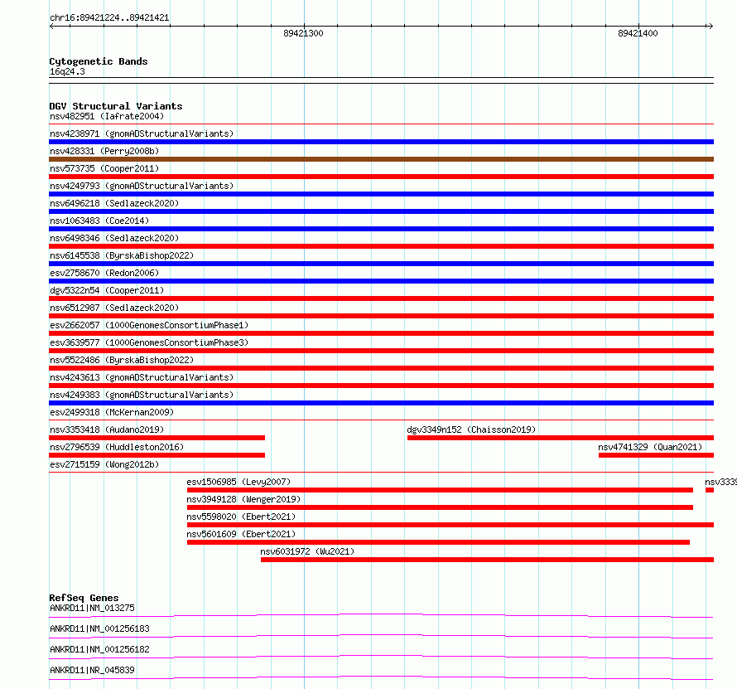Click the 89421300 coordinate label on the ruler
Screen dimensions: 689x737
303,34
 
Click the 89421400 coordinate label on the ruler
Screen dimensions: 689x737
638,34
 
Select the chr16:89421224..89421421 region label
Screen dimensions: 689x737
109,17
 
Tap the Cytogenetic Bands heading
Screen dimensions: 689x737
99,61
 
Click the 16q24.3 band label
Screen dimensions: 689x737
67,71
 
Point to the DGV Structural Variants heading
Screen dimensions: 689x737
116,106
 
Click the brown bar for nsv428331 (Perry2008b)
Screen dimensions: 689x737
381,159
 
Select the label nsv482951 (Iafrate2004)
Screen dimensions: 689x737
107,116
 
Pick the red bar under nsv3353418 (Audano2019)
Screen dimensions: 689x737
157,438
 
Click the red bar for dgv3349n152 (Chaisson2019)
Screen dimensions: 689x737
560,438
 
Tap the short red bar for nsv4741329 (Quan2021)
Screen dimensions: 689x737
656,455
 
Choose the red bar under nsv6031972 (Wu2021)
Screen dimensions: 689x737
487,560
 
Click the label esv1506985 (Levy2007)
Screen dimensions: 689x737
238,482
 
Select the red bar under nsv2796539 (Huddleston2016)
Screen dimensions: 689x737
157,455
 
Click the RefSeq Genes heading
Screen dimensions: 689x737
84,598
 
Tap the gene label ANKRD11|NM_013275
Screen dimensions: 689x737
92,608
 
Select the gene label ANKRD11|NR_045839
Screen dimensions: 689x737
92,670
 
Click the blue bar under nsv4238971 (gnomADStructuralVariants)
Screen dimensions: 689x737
381,142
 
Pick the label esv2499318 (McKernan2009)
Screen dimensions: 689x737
112,412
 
